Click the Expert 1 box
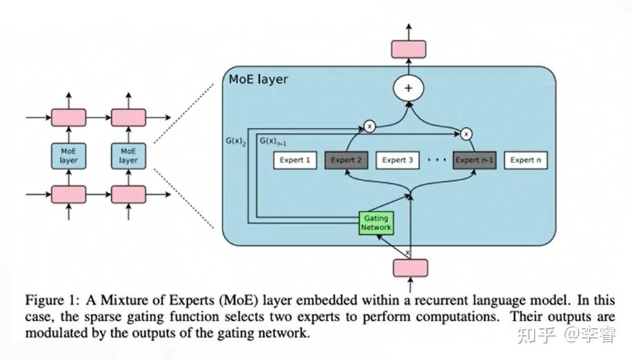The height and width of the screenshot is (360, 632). pyautogui.click(x=294, y=160)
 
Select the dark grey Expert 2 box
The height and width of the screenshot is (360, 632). pyautogui.click(x=346, y=160)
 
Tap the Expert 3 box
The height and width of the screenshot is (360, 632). pyautogui.click(x=399, y=160)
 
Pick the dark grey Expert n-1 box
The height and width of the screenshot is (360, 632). pyautogui.click(x=475, y=160)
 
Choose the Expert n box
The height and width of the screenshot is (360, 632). pyautogui.click(x=526, y=160)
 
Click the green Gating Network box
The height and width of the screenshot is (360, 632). pyautogui.click(x=376, y=222)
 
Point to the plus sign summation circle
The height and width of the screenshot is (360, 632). pyautogui.click(x=408, y=88)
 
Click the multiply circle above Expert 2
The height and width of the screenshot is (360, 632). pyautogui.click(x=369, y=127)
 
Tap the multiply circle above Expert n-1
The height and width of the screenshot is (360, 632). pyautogui.click(x=467, y=133)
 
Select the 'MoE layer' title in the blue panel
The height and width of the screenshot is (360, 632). pyautogui.click(x=258, y=79)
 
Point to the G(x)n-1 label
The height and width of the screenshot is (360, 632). pyautogui.click(x=274, y=141)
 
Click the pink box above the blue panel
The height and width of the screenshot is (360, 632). pyautogui.click(x=409, y=49)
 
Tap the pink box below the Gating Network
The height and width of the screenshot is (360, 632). pyautogui.click(x=410, y=268)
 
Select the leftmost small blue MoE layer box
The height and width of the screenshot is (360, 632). pyautogui.click(x=69, y=155)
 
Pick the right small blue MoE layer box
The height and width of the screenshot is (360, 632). pyautogui.click(x=128, y=155)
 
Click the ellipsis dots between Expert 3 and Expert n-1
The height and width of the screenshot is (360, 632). pyautogui.click(x=437, y=160)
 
